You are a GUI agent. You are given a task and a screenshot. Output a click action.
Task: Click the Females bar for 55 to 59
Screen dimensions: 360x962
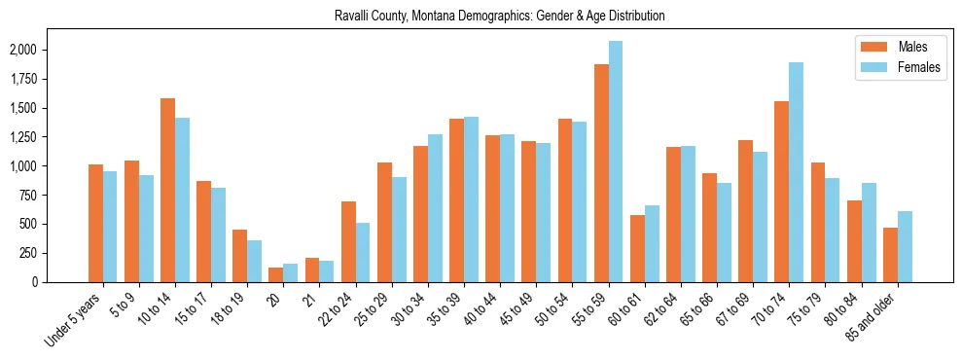[616, 162]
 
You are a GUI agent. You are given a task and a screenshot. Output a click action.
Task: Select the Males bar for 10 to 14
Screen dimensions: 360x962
[167, 190]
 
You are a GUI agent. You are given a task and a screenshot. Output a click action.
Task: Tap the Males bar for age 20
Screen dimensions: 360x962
[276, 274]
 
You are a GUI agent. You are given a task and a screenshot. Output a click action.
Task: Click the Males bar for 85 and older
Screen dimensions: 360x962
[890, 255]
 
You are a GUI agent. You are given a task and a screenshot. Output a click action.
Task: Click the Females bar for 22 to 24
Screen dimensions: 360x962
[363, 252]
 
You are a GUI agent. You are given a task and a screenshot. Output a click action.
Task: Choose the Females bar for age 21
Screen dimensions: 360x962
[327, 271]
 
